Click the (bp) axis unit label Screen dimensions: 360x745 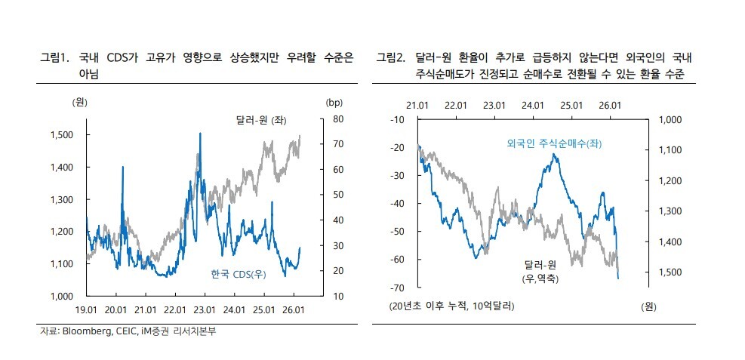pos(334,102)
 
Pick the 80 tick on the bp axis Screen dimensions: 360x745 pos(339,119)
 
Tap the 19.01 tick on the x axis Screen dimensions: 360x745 pos(87,309)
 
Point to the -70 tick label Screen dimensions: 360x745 pos(397,288)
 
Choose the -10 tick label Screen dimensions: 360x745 pos(397,120)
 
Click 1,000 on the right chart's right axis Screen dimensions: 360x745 pos(670,120)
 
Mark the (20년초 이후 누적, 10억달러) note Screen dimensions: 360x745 pos(451,306)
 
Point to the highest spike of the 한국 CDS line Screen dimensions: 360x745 pos(200,134)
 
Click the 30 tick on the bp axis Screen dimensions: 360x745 pos(339,245)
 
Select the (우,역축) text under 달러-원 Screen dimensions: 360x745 pos(541,278)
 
